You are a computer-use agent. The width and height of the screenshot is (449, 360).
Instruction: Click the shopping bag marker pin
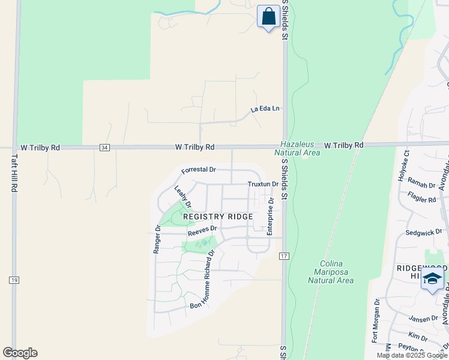tap(268, 16)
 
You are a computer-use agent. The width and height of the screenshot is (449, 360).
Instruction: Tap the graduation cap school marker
tap(433, 280)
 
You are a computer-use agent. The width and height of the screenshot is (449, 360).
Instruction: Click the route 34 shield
tap(105, 147)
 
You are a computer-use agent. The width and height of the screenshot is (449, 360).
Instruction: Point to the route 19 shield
tap(14, 280)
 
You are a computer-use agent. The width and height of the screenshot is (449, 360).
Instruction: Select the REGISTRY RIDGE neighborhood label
tap(218, 216)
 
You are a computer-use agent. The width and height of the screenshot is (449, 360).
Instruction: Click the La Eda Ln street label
tap(265, 109)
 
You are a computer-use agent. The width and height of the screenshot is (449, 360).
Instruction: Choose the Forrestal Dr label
tap(198, 170)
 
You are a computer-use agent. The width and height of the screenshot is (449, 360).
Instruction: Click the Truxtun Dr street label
tap(262, 185)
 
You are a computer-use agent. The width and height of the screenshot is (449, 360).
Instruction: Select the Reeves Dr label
tap(202, 230)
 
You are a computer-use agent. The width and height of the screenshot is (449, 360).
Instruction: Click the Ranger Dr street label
tap(157, 239)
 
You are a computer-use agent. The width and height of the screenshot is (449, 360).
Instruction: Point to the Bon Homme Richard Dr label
tap(202, 279)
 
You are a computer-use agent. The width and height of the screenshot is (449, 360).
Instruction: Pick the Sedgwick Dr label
tap(424, 232)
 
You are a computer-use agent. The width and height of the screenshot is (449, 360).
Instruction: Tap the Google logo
tap(20, 353)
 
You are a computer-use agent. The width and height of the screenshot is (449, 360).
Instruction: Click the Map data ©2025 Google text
tap(411, 355)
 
